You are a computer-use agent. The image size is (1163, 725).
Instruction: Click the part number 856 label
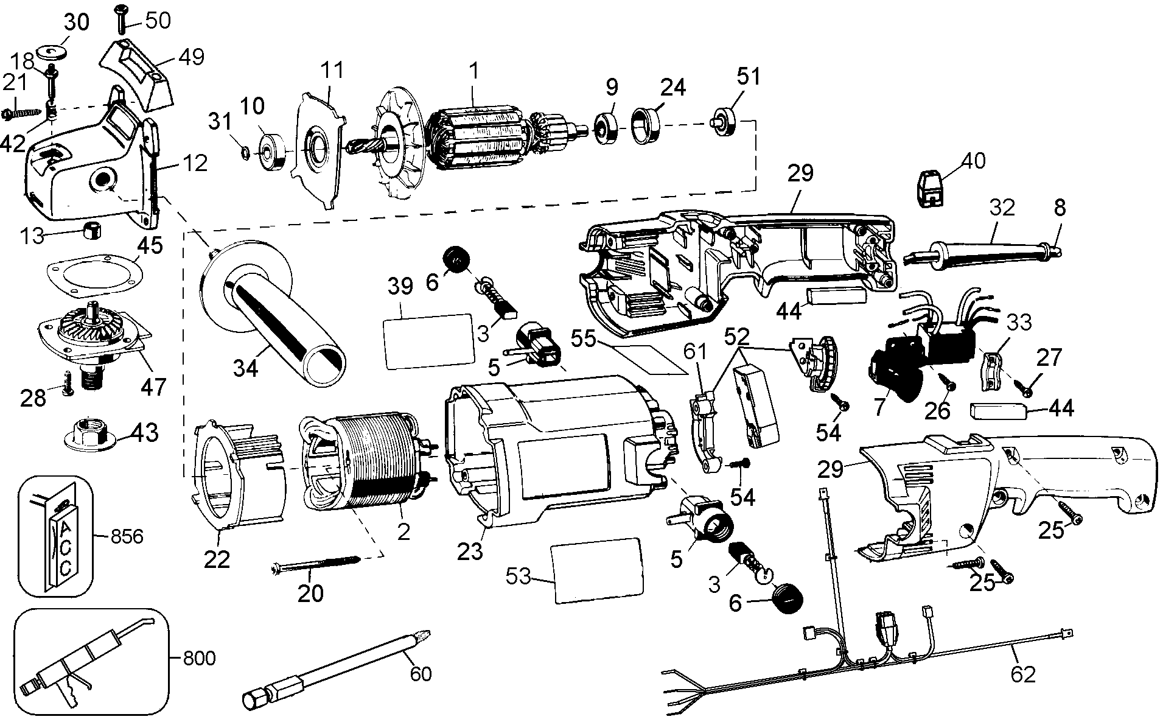pyautogui.click(x=127, y=536)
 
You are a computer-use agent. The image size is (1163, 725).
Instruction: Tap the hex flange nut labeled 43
pyautogui.click(x=90, y=433)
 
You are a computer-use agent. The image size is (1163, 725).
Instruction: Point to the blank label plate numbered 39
pyautogui.click(x=428, y=341)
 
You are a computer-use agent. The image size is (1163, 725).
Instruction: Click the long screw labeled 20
pyautogui.click(x=315, y=564)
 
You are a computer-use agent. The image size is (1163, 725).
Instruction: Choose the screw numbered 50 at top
pyautogui.click(x=118, y=19)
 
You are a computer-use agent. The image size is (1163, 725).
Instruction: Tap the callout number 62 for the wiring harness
pyautogui.click(x=1022, y=674)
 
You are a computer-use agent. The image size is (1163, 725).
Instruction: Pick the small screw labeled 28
pyautogui.click(x=68, y=384)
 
